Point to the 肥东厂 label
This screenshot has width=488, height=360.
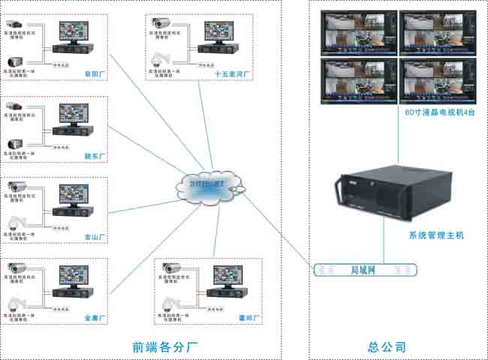coord(97,156)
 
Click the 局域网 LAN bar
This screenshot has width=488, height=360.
coord(365,267)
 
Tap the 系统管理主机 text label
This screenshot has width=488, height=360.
coord(436,235)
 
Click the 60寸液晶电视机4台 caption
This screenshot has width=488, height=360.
coord(440,112)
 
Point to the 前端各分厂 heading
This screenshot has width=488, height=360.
coord(164,347)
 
